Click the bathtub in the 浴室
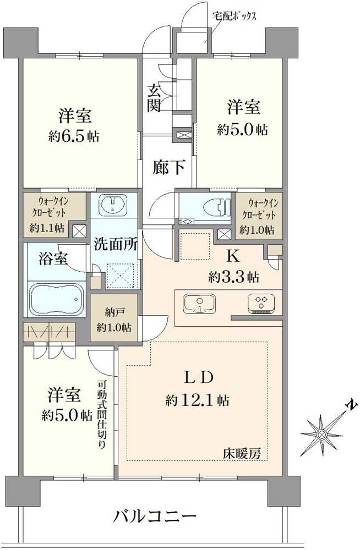tap(56, 299)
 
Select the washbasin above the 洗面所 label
tap(112, 204)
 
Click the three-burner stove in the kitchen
tap(261, 302)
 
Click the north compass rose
tap(321, 435)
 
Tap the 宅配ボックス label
tap(234, 16)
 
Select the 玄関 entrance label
tap(154, 98)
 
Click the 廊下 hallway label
tap(168, 167)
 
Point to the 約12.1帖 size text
tap(198, 400)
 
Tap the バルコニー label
tap(155, 516)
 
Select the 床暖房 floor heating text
tap(242, 454)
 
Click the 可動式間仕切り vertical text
tap(101, 415)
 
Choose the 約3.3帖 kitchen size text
tap(233, 277)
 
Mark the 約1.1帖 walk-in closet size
tap(47, 228)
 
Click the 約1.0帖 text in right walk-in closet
tap(257, 230)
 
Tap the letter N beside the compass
tap(352, 406)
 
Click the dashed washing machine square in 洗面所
tap(121, 276)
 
